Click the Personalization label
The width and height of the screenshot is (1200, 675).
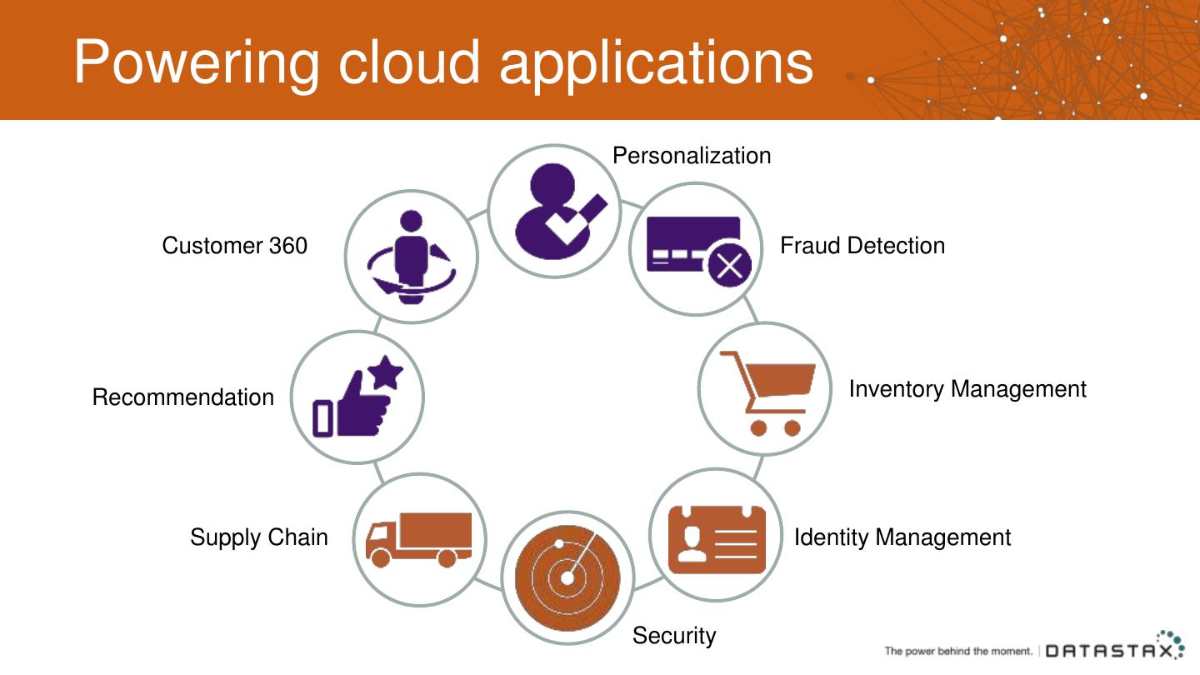tap(692, 156)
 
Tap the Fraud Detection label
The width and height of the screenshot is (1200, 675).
tap(862, 246)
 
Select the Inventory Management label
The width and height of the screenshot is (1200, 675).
tap(967, 389)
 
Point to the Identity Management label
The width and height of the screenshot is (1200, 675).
tap(902, 537)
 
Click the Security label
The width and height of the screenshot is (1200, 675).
tap(673, 636)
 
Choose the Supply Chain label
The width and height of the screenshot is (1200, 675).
tap(258, 537)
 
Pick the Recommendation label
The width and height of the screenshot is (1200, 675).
tap(182, 397)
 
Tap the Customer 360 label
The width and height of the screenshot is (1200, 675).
tap(234, 246)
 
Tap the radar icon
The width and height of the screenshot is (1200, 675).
tap(567, 577)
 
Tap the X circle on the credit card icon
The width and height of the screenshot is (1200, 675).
tap(729, 266)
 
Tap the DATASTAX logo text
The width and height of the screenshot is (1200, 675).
tap(1112, 651)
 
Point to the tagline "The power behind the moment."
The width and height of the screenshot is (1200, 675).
tap(958, 651)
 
